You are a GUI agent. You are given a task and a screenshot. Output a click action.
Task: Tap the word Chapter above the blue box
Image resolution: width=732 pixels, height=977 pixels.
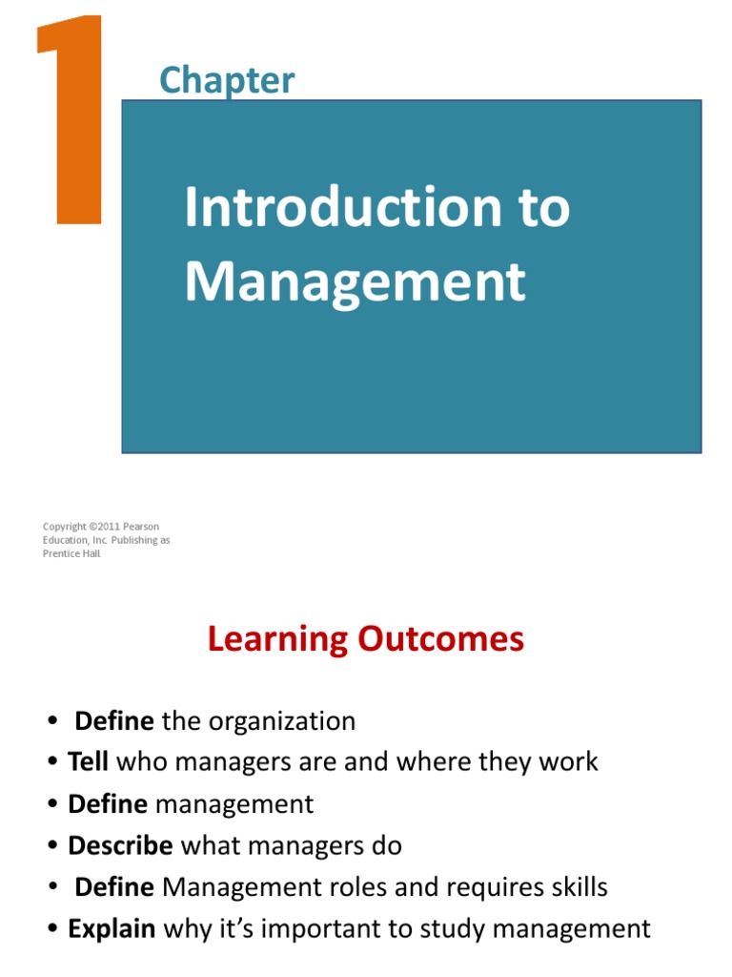click(x=227, y=81)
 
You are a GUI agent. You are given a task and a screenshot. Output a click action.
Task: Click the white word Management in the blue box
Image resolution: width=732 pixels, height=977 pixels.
click(x=355, y=281)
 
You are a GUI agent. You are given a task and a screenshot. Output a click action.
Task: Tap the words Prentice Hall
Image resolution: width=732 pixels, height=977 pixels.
click(x=71, y=553)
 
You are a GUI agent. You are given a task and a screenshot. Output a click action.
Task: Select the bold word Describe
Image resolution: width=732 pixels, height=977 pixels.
click(x=120, y=845)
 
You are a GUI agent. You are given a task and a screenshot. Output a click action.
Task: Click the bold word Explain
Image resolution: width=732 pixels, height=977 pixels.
click(x=112, y=928)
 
